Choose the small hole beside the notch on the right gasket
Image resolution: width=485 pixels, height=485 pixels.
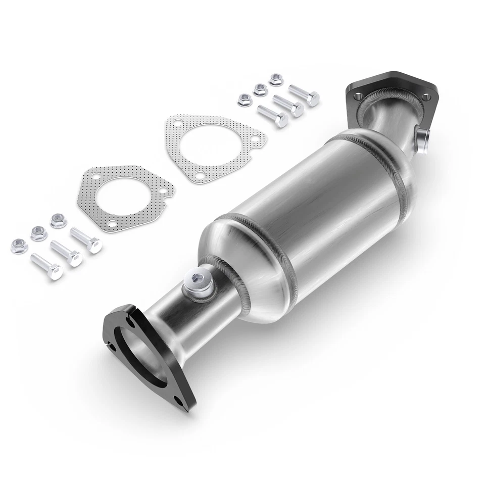pos(256,137)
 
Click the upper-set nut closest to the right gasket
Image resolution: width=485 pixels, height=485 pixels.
pos(244,99)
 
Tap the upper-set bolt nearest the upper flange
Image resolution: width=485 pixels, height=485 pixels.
pos(304,94)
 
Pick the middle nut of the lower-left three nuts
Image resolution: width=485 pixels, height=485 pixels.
pos(38,233)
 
